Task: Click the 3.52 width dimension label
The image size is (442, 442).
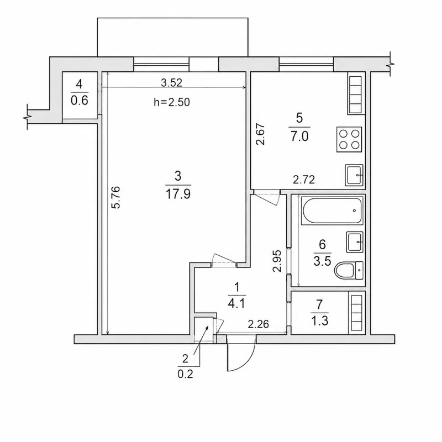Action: tap(172, 82)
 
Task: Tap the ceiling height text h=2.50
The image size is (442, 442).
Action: tap(172, 102)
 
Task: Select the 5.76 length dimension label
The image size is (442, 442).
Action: tap(116, 197)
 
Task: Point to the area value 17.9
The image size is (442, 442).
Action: tap(178, 194)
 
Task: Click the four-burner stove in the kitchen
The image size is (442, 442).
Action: tap(349, 140)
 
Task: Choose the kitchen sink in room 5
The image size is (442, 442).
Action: tap(354, 175)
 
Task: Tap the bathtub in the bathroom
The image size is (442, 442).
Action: tap(331, 211)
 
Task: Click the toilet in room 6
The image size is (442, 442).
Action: tap(349, 270)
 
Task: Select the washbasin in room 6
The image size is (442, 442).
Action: tap(355, 242)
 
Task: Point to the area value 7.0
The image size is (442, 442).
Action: tap(299, 136)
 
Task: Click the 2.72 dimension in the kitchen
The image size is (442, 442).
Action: tap(303, 180)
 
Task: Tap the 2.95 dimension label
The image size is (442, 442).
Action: tap(277, 261)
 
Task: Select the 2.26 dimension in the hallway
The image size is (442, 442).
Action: tap(258, 324)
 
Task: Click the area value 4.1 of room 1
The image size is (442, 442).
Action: tap(237, 304)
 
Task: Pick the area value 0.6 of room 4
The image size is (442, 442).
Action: tap(80, 101)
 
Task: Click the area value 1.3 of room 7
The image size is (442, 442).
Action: tap(320, 321)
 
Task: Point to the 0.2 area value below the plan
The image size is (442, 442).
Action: tap(185, 374)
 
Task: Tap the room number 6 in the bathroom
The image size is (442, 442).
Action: tap(322, 244)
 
